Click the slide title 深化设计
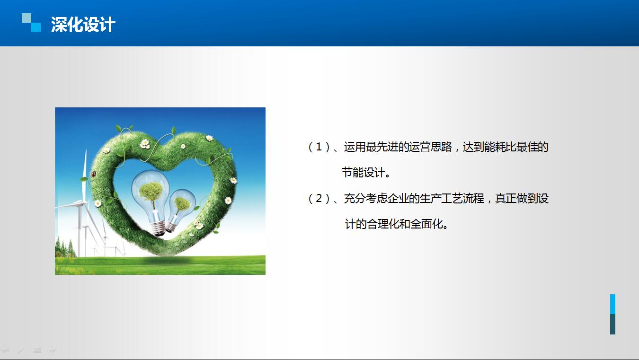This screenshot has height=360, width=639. pyautogui.click(x=83, y=25)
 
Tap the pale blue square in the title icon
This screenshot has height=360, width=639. pyautogui.click(x=27, y=18)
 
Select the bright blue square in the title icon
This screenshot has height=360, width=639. pyautogui.click(x=36, y=27)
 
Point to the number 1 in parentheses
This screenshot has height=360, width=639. pyautogui.click(x=319, y=147)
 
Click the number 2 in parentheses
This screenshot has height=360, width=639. pyautogui.click(x=319, y=198)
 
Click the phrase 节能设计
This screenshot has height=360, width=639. pyautogui.click(x=364, y=173)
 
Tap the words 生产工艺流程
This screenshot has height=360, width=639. pyautogui.click(x=452, y=198)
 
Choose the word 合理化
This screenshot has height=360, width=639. pyautogui.click(x=383, y=224)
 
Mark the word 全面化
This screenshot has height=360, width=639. pyautogui.click(x=426, y=224)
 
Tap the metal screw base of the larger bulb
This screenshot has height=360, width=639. pyautogui.click(x=158, y=228)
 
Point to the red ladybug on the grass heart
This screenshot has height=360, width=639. pyautogui.click(x=93, y=174)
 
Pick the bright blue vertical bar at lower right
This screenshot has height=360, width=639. pyautogui.click(x=612, y=304)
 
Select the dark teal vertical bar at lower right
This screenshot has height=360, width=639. pyautogui.click(x=612, y=324)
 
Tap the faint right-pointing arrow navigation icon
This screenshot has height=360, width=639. pyautogui.click(x=52, y=350)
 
